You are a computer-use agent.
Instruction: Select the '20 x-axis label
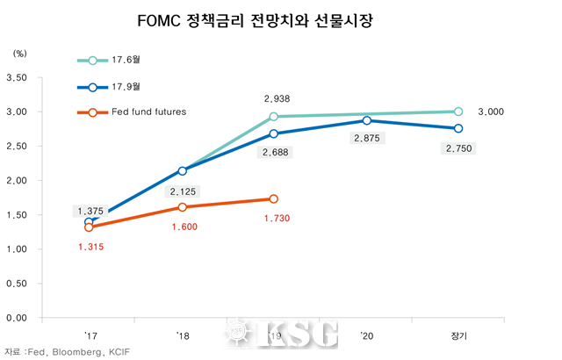[x=365, y=335]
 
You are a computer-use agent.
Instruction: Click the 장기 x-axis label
[x=458, y=335]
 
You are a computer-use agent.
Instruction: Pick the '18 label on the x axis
[x=182, y=335]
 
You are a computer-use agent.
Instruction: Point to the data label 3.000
[x=491, y=112]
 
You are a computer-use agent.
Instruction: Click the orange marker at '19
[x=274, y=199]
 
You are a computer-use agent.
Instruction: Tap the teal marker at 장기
[x=458, y=112]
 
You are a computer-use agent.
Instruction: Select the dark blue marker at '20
[x=365, y=120]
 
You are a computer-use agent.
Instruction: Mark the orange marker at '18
[x=182, y=207]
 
